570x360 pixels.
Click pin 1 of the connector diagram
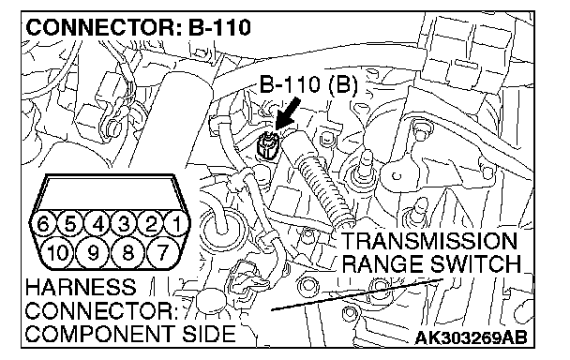tap(177, 223)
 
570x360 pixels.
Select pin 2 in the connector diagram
tap(151, 223)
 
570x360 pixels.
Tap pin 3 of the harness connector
tap(125, 223)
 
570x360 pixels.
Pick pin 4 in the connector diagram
tap(97, 223)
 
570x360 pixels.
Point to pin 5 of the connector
tap(70, 223)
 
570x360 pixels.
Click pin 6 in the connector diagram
tap(43, 223)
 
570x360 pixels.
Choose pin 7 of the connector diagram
tap(163, 251)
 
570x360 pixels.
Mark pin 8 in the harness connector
tap(127, 251)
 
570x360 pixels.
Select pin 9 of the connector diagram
tap(93, 251)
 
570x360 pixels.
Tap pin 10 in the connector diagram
tap(58, 251)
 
